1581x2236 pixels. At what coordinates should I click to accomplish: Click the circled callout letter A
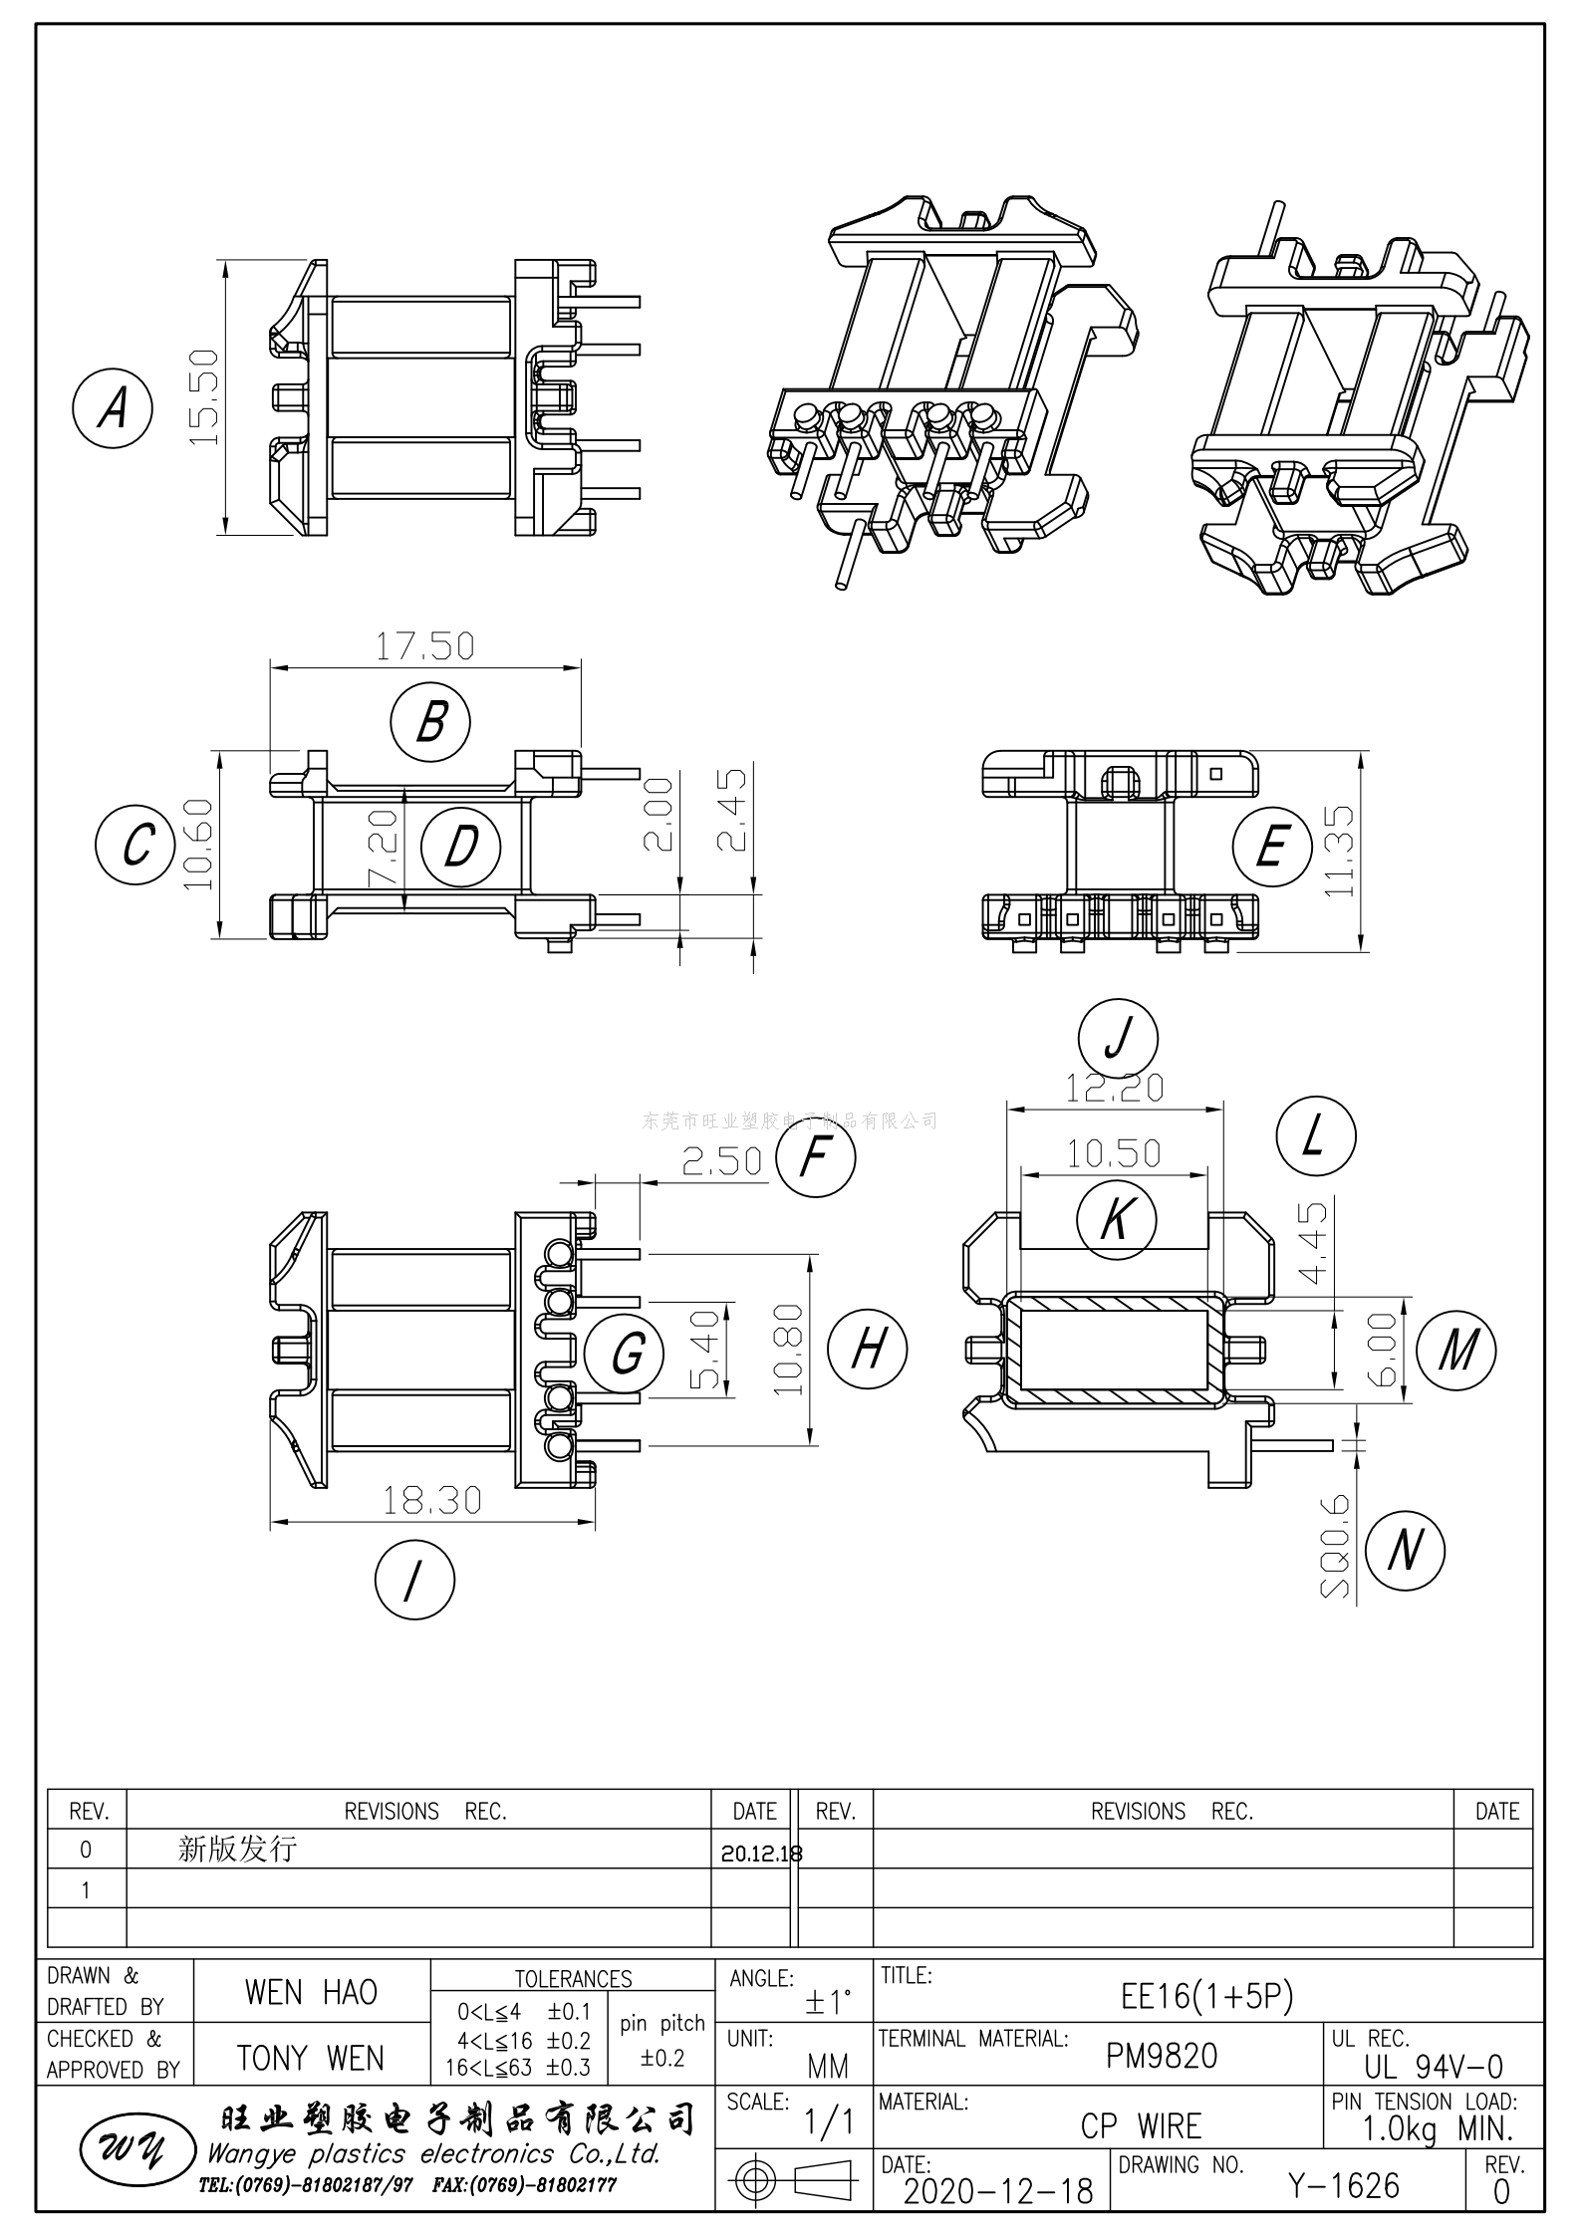(x=113, y=408)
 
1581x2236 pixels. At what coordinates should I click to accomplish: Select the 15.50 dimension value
(x=202, y=396)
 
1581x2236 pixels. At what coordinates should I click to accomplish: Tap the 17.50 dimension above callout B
(x=424, y=646)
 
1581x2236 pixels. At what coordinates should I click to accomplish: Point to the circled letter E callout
(x=1271, y=848)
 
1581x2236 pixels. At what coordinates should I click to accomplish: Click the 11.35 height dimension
(x=1341, y=851)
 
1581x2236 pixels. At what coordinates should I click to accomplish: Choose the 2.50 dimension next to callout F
(x=721, y=1160)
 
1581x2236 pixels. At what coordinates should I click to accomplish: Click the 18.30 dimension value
(x=432, y=1500)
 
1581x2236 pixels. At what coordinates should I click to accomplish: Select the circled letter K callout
(x=1117, y=1218)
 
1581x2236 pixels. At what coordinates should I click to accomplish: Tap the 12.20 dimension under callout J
(x=1115, y=1088)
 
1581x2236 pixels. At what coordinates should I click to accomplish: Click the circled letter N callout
(x=1405, y=1550)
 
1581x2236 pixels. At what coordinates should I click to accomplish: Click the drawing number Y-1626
(x=1344, y=2185)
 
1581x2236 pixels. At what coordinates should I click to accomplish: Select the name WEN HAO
(x=311, y=1992)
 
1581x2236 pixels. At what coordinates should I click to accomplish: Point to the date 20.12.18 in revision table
(x=761, y=1854)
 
